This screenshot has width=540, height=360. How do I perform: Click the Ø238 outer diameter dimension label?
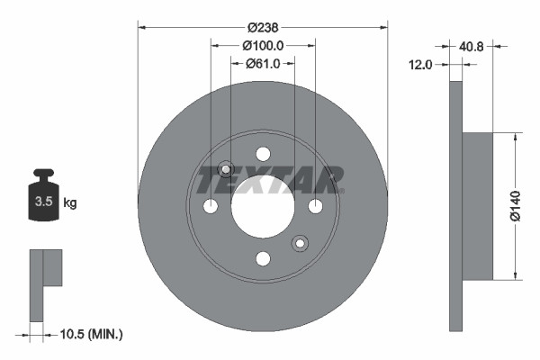pos(263,28)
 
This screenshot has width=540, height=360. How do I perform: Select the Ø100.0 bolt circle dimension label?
pos(263,45)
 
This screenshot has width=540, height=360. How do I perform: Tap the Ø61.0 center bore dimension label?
pos(263,63)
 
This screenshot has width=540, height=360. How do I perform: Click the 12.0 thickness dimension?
pos(420,64)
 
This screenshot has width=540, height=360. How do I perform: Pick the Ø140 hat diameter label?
pos(516,206)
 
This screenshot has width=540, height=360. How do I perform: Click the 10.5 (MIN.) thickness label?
pos(90,334)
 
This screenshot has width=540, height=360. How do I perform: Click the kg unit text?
pos(70,203)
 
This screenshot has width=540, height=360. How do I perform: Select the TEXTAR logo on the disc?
pos(270,180)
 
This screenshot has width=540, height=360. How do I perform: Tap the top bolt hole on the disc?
pos(263,154)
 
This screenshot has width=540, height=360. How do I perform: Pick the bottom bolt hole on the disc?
pos(263,259)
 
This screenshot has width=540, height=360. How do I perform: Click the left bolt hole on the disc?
pos(211,206)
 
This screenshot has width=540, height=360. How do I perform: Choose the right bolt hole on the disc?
pos(315,206)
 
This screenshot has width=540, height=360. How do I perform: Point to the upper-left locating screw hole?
pos(226,169)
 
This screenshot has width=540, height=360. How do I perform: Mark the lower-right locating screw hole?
pos(300,243)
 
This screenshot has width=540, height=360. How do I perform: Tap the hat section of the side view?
pos(478,206)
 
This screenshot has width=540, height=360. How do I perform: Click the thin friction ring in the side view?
pos(455,206)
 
